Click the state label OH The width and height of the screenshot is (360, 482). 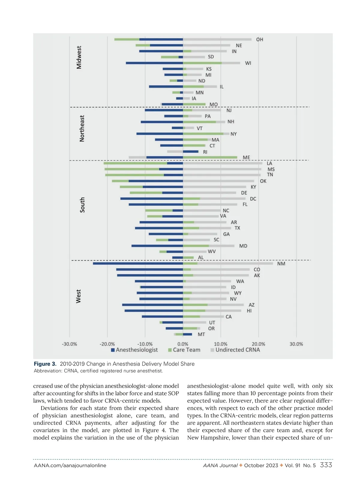[x=259, y=40]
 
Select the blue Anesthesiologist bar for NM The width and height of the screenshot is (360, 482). [x=138, y=264]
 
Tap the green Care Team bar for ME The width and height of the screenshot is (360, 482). [x=210, y=157]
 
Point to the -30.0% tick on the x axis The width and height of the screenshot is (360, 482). [x=69, y=344]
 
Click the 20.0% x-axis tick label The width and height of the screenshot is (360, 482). [x=258, y=344]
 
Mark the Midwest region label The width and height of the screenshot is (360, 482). [x=79, y=57]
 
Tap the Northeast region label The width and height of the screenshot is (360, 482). [x=82, y=128]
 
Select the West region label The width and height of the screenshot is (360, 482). [x=78, y=296]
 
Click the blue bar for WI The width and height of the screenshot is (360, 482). [x=154, y=63]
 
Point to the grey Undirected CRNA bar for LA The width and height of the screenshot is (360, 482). [x=223, y=163]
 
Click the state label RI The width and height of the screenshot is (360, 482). [x=205, y=152]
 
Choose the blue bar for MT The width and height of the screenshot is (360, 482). [x=187, y=334]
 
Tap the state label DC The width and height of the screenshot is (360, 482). [x=253, y=199]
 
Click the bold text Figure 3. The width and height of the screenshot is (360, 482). [x=45, y=364]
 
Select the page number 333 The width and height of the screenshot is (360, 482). [x=326, y=465]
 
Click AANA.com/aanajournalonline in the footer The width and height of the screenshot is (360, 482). [x=70, y=465]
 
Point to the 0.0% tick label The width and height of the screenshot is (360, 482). [x=183, y=344]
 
